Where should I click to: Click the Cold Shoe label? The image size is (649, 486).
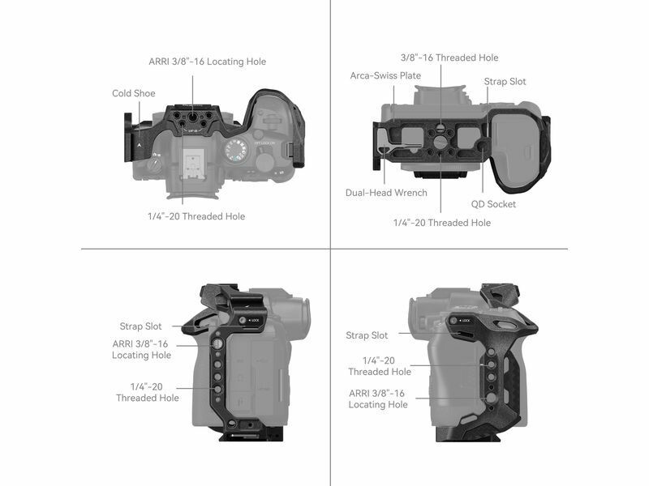(x=134, y=93)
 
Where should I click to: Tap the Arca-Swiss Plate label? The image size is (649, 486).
(x=385, y=75)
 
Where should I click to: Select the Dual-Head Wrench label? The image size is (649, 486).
(x=386, y=193)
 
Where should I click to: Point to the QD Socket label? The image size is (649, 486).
(x=493, y=204)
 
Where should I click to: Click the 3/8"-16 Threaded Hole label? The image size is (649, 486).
(x=449, y=58)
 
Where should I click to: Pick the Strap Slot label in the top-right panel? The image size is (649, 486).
(x=505, y=82)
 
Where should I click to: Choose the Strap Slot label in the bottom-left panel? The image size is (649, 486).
(x=140, y=326)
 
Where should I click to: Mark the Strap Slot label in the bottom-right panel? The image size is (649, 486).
(x=367, y=335)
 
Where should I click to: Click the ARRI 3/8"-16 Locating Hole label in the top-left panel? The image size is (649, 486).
(x=208, y=62)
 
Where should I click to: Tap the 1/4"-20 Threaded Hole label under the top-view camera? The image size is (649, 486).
(x=196, y=216)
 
